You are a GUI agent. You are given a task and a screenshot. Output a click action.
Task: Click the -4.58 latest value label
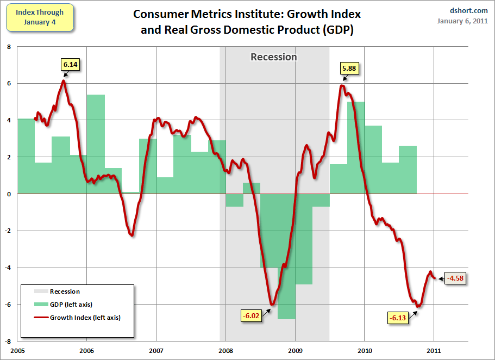tap(456, 278)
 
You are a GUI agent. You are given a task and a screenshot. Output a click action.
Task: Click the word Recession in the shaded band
tap(274, 57)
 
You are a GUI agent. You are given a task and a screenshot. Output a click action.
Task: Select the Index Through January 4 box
tap(39, 17)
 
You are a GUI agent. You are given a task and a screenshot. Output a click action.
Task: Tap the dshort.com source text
tap(469, 10)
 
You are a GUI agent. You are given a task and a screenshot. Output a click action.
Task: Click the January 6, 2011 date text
tap(462, 21)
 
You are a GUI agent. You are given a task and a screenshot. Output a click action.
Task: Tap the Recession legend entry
tap(65, 291)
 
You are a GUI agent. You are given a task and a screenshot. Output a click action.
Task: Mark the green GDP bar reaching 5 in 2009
tap(356, 147)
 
